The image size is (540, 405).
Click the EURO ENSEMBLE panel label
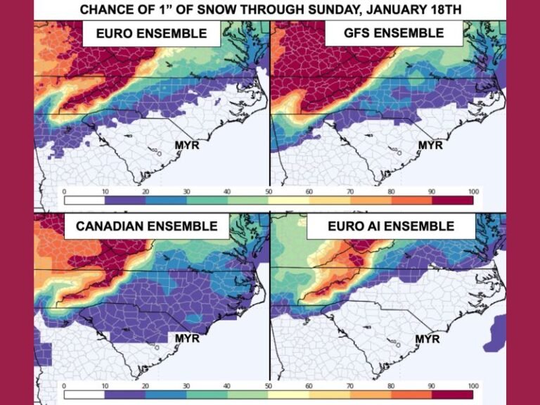pos(152,33)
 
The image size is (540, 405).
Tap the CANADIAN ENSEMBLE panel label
pos(147,226)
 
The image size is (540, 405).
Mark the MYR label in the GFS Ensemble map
pos(430,146)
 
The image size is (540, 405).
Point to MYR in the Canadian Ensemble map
pos(186,338)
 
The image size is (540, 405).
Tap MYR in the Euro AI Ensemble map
pos(427,338)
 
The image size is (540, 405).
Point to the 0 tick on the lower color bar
pos(64,386)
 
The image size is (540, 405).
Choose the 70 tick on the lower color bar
pos(350,386)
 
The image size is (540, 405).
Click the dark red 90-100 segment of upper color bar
pos(453,200)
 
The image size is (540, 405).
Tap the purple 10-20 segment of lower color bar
pos(125,395)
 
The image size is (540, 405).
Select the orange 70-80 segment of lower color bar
pos(371,395)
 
